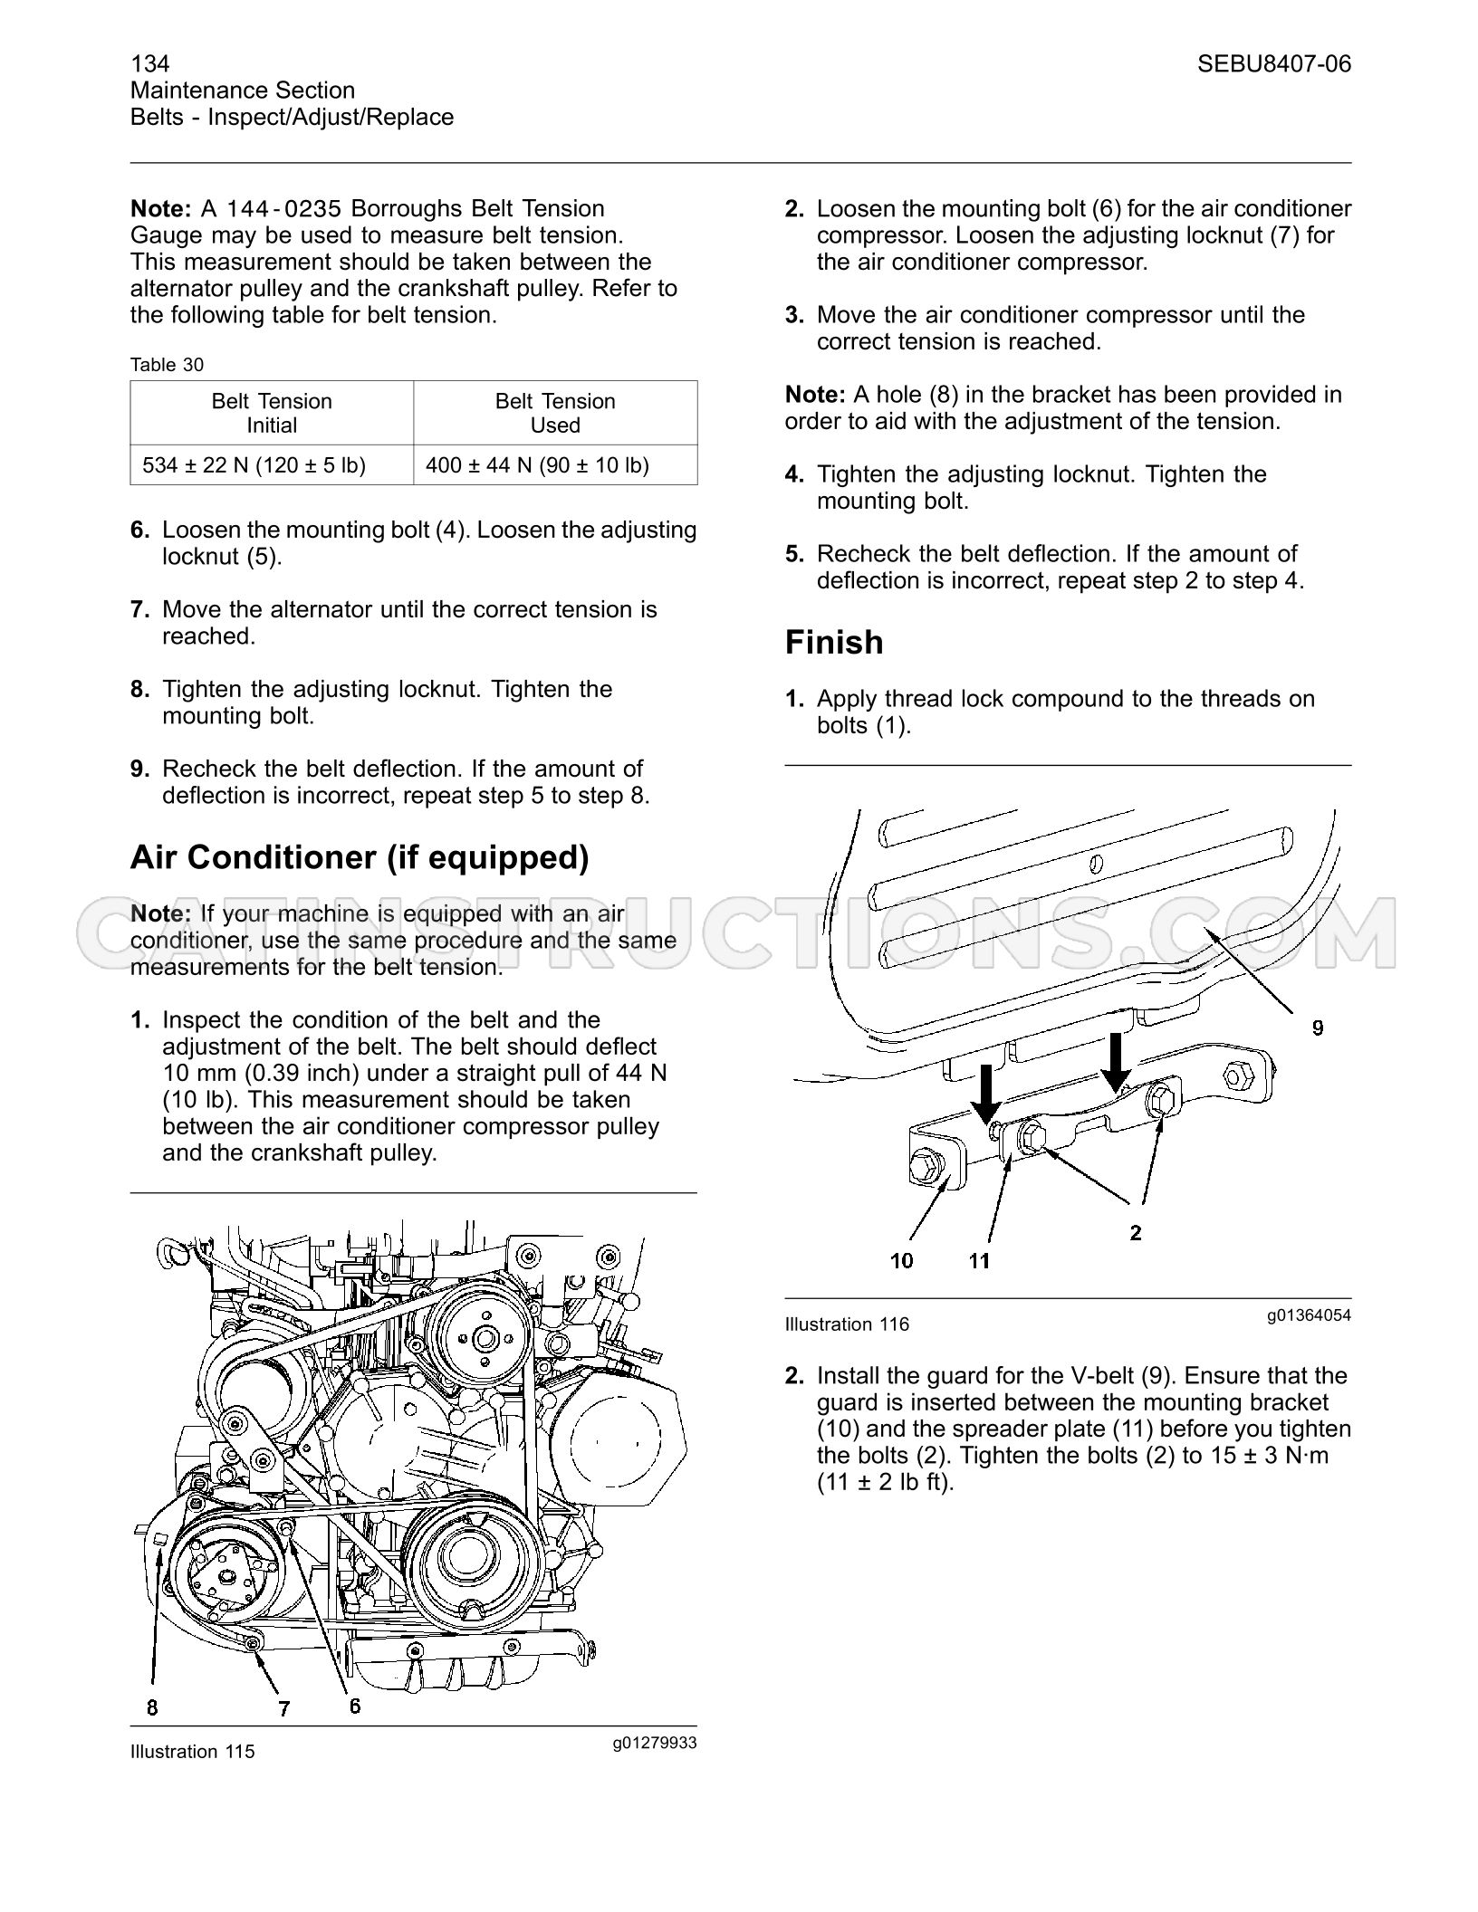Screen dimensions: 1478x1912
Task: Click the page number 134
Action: [x=149, y=63]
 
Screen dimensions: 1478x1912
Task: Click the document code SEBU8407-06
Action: [x=1274, y=63]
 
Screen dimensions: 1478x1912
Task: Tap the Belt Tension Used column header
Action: [x=555, y=413]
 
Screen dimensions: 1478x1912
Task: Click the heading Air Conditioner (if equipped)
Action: [x=360, y=856]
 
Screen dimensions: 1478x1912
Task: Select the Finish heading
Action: [x=834, y=642]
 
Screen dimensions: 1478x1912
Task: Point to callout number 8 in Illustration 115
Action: [x=152, y=1707]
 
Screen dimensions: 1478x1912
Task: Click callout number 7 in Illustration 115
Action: [x=283, y=1708]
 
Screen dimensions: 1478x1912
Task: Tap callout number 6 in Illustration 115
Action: [x=355, y=1706]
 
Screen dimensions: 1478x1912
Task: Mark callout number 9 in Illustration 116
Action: [x=1318, y=1028]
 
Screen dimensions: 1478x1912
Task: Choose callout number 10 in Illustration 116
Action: [x=901, y=1260]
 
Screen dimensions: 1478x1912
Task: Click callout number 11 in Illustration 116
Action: [x=979, y=1260]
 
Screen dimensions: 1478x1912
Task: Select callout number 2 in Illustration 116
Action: [x=1136, y=1232]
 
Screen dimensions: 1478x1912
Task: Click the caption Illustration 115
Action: [x=193, y=1752]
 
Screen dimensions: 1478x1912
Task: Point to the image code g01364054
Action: [x=1309, y=1314]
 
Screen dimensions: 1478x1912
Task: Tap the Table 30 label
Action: [x=168, y=365]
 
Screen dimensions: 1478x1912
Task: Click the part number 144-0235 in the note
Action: [x=283, y=209]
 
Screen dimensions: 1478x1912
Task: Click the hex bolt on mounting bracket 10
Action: [x=922, y=1165]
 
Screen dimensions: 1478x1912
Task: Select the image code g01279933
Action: [x=655, y=1742]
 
